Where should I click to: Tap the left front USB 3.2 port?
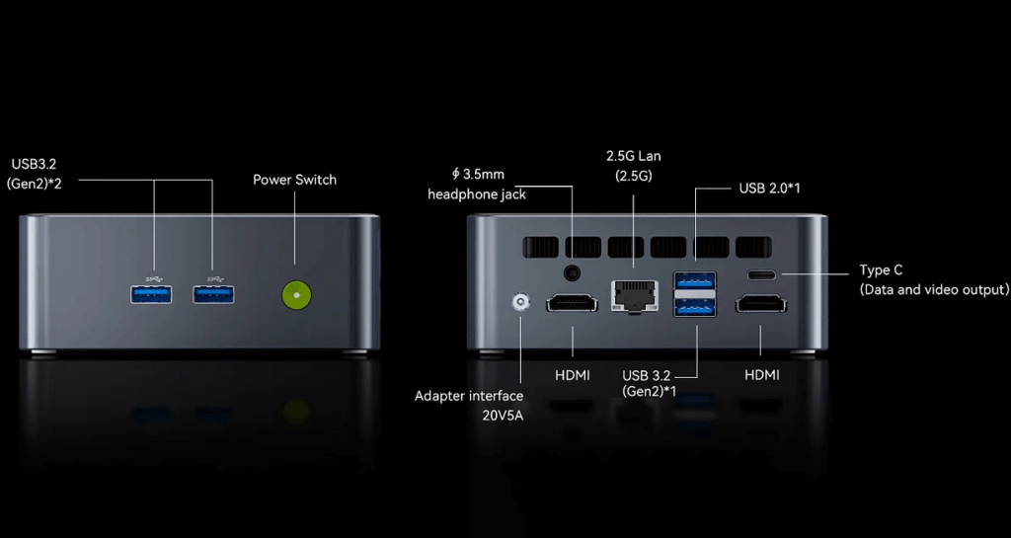pyautogui.click(x=152, y=293)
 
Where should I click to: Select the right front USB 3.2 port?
pyautogui.click(x=213, y=293)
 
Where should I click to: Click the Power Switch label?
pyautogui.click(x=294, y=180)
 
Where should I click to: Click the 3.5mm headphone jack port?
pyautogui.click(x=571, y=273)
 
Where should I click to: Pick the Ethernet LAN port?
pyautogui.click(x=633, y=294)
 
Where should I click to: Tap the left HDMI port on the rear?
pyautogui.click(x=572, y=304)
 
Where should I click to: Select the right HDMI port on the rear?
pyautogui.click(x=761, y=304)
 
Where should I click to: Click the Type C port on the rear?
pyautogui.click(x=761, y=275)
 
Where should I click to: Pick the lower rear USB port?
pyautogui.click(x=694, y=307)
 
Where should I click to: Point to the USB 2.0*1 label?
pyautogui.click(x=769, y=188)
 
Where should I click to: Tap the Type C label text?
pyautogui.click(x=881, y=269)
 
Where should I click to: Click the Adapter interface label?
pyautogui.click(x=469, y=396)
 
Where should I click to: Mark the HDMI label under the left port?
pyautogui.click(x=573, y=375)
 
